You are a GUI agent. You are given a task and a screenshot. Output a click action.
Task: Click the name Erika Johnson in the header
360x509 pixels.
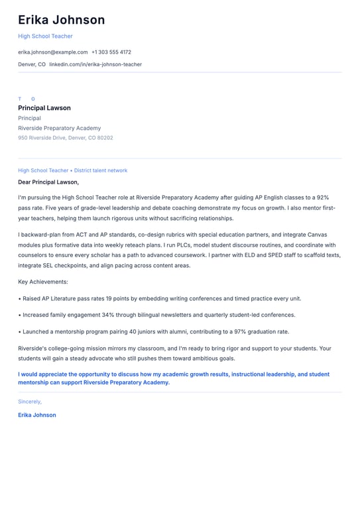click(x=61, y=20)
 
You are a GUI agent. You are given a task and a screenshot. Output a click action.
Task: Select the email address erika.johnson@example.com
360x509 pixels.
click(x=53, y=52)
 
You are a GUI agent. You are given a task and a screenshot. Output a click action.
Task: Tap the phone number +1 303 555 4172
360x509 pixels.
click(x=111, y=52)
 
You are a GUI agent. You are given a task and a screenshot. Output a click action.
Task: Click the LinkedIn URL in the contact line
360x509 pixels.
click(x=95, y=64)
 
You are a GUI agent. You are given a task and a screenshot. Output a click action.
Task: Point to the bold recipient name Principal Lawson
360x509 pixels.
click(x=44, y=108)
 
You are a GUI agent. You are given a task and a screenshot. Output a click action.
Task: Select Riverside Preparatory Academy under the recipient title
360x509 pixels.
click(x=60, y=128)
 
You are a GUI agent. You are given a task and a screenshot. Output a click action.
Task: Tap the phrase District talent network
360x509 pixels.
click(x=101, y=170)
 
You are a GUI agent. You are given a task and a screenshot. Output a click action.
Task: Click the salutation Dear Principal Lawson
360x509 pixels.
click(x=48, y=182)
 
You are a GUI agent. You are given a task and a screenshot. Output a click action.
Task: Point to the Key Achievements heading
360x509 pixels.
click(x=43, y=282)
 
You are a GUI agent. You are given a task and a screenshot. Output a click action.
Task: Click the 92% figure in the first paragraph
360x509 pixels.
click(x=322, y=198)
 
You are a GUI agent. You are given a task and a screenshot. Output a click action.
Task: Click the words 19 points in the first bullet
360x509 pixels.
click(x=117, y=298)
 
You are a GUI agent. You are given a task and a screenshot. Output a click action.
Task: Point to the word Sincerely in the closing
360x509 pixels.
click(x=29, y=402)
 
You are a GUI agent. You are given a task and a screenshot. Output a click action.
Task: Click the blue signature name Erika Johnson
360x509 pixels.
click(x=37, y=415)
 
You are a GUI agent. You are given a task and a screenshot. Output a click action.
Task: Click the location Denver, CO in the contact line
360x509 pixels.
click(x=32, y=64)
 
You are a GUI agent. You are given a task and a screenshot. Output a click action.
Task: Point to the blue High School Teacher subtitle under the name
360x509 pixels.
click(x=45, y=36)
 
